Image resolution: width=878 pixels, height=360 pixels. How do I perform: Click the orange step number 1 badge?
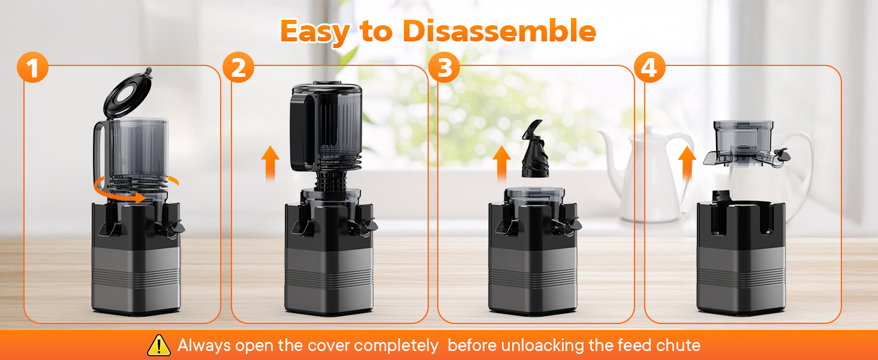point(32,67)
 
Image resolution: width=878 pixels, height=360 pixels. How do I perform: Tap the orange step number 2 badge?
point(238,67)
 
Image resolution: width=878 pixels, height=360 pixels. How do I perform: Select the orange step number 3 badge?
point(444,67)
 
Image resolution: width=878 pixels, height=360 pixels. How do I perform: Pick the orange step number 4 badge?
point(650,67)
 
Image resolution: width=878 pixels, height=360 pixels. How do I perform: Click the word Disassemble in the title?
point(500,31)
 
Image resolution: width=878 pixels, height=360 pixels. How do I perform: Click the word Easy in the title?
point(315,32)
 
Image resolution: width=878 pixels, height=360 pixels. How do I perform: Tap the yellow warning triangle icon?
point(159,345)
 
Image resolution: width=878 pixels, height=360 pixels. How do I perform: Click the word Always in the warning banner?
point(205,346)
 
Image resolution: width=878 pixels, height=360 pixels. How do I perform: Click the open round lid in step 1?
point(128,92)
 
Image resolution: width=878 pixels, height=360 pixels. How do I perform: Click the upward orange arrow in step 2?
point(270,164)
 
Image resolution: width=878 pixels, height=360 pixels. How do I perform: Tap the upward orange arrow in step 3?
point(501,164)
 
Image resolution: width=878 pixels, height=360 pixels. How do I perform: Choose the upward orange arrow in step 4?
point(687,164)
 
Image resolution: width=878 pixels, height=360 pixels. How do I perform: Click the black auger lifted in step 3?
point(535,149)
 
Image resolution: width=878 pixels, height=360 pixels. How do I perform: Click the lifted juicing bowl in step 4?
point(744,144)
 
